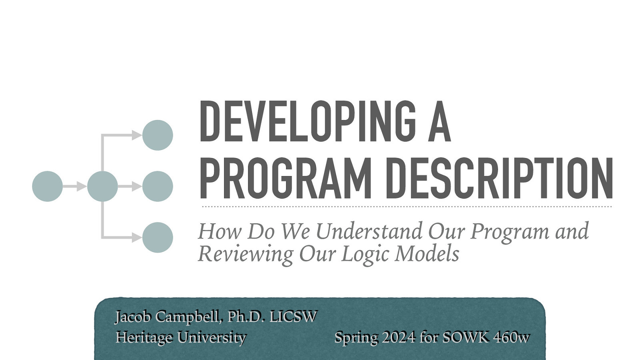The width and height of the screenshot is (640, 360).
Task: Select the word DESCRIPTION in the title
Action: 499,178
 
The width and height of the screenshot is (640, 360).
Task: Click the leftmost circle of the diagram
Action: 47,186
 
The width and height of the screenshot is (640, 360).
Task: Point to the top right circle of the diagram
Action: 158,135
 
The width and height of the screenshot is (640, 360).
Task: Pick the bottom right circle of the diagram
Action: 158,238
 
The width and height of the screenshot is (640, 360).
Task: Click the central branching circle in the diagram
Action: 102,186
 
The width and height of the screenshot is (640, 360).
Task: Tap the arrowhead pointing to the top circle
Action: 137,135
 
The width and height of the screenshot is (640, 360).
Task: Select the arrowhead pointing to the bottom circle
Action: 137,238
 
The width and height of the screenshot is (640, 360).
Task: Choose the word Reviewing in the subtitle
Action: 245,254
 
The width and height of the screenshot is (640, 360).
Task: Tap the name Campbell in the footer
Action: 188,317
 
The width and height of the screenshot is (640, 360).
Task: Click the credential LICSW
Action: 293,317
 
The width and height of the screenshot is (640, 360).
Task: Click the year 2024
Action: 398,338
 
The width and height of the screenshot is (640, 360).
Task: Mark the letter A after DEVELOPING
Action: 439,122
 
